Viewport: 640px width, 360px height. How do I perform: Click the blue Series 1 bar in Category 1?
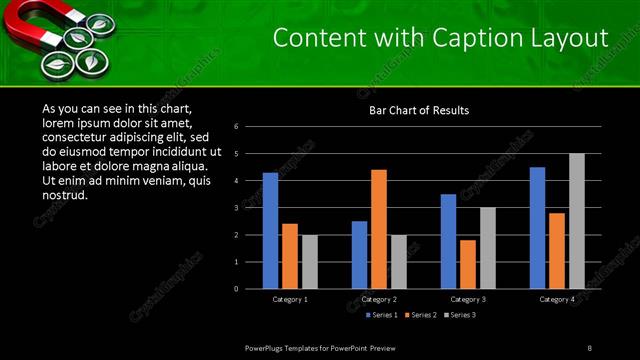point(270,231)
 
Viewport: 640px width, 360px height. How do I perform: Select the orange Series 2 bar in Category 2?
point(379,229)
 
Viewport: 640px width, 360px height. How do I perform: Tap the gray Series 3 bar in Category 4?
point(577,221)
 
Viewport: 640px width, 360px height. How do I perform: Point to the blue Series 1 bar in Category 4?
point(537,228)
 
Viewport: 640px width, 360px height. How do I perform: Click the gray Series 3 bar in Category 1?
point(310,262)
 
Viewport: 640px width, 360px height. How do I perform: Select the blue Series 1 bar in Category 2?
point(359,255)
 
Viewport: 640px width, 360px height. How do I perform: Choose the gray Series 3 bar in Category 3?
point(488,248)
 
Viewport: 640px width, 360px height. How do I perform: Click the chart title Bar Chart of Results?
point(419,111)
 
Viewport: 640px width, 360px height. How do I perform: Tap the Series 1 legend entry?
point(381,315)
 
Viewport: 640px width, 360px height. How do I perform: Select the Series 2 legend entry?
point(420,315)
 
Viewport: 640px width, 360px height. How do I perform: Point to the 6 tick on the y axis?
point(236,127)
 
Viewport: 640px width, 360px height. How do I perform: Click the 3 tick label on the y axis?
point(236,208)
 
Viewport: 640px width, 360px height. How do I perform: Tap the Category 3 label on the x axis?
point(468,299)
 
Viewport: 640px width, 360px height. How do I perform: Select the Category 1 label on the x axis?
point(290,299)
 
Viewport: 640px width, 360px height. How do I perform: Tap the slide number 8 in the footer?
point(589,347)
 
